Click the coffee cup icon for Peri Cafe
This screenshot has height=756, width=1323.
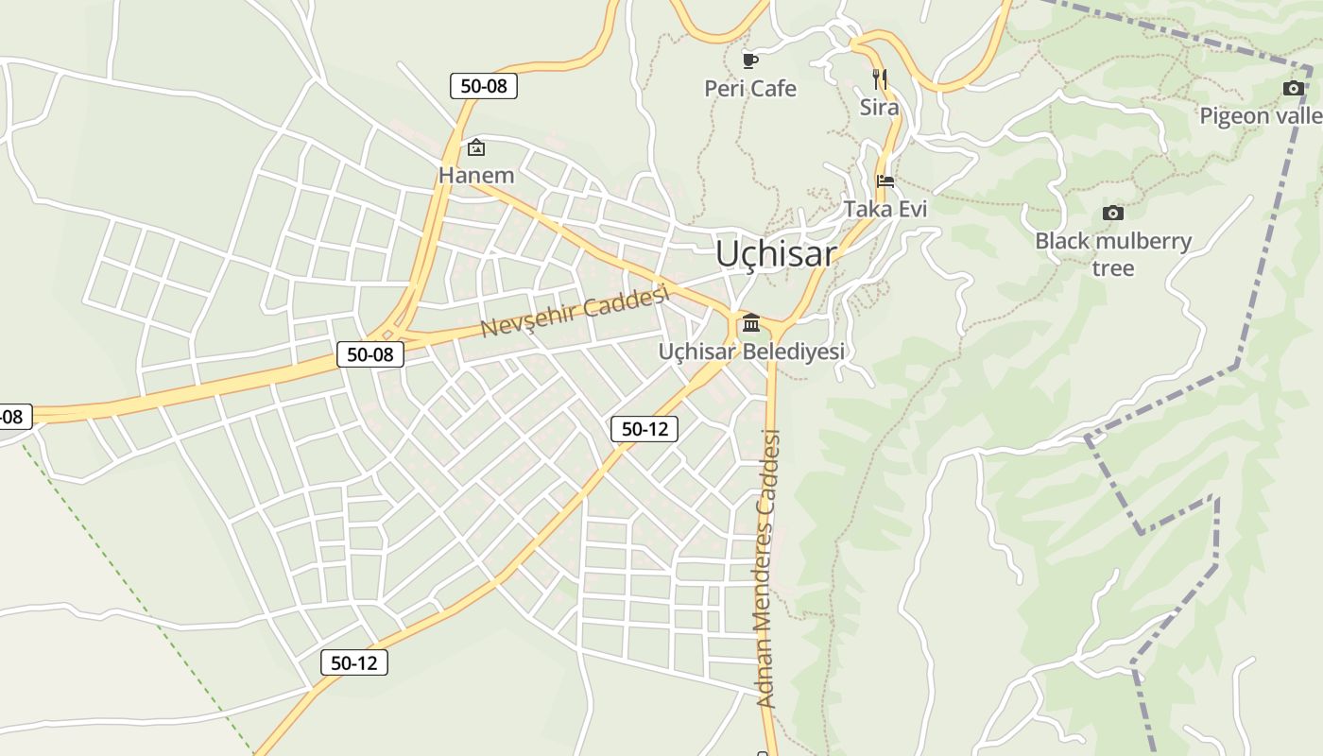(750, 61)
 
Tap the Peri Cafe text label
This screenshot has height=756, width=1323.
(750, 89)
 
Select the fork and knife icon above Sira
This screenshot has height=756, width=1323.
(879, 78)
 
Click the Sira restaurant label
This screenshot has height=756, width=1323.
(879, 108)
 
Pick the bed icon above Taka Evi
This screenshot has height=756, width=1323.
(885, 180)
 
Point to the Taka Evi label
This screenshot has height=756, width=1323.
(885, 209)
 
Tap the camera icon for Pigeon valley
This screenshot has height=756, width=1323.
(1293, 89)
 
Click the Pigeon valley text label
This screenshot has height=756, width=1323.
(1262, 116)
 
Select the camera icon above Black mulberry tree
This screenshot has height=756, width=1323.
(1112, 213)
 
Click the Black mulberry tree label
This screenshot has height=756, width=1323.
(1113, 254)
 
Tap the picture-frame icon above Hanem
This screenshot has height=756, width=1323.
(476, 147)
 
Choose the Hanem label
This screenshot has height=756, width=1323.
(476, 175)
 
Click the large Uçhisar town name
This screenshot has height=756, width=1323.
(776, 253)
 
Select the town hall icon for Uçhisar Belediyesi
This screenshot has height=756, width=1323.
(751, 323)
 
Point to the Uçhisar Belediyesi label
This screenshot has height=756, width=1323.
(751, 352)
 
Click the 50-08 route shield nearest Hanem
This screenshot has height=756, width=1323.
(483, 86)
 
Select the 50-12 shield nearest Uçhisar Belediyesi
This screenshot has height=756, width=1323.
(644, 429)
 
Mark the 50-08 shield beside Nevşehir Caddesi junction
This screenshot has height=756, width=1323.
(370, 354)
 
